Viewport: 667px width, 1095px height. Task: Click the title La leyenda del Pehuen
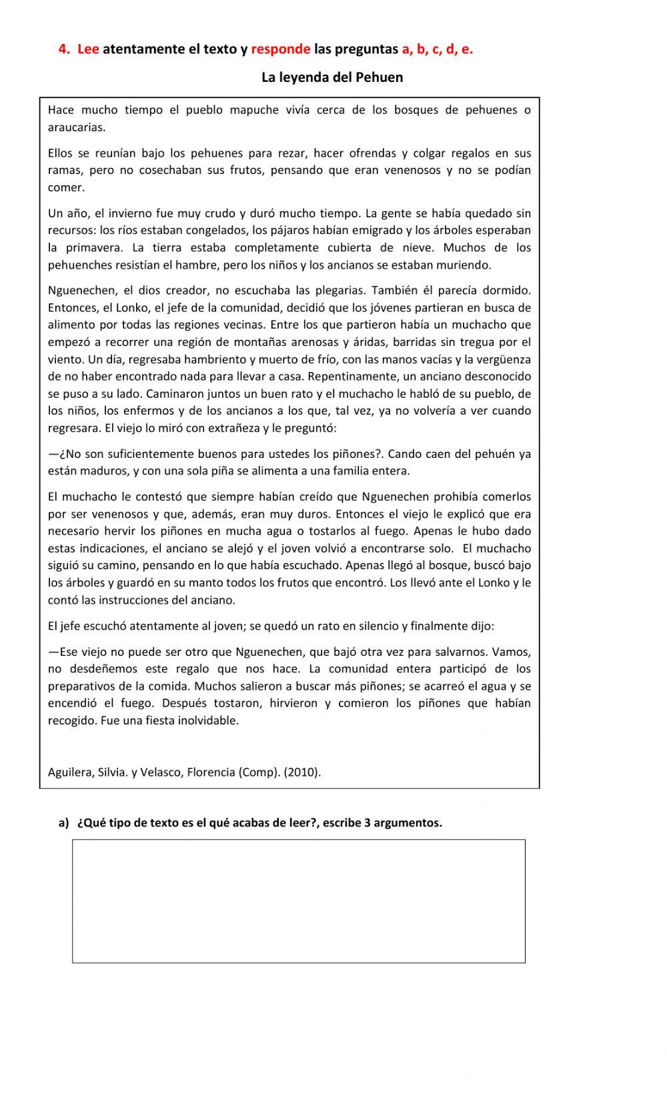[x=331, y=77]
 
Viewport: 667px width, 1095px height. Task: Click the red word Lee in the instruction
[x=88, y=49]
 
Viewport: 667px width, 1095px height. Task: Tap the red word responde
[x=281, y=49]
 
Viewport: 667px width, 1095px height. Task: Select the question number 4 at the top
[x=63, y=49]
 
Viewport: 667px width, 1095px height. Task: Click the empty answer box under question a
[x=298, y=900]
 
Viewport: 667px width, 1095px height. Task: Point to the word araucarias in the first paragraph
[x=76, y=127]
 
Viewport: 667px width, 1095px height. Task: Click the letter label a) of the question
[x=64, y=822]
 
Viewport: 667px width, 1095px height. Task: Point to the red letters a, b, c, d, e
[x=437, y=49]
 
